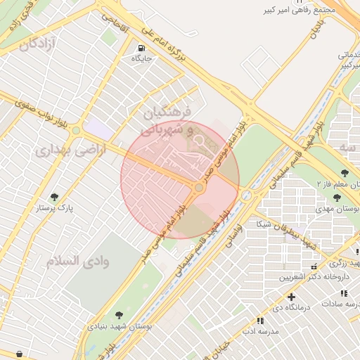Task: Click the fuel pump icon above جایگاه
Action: [x=141, y=48]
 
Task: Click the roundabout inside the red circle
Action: [x=200, y=188]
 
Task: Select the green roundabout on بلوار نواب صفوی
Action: [x=76, y=130]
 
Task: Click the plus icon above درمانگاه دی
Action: [x=291, y=297]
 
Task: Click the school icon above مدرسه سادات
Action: [x=344, y=293]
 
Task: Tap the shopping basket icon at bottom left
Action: [x=18, y=353]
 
